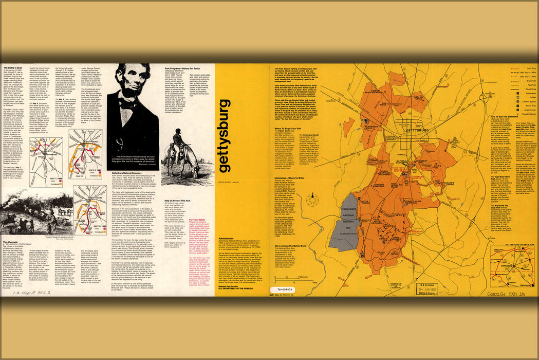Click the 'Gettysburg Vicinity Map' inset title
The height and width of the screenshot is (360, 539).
pos(511,243)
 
